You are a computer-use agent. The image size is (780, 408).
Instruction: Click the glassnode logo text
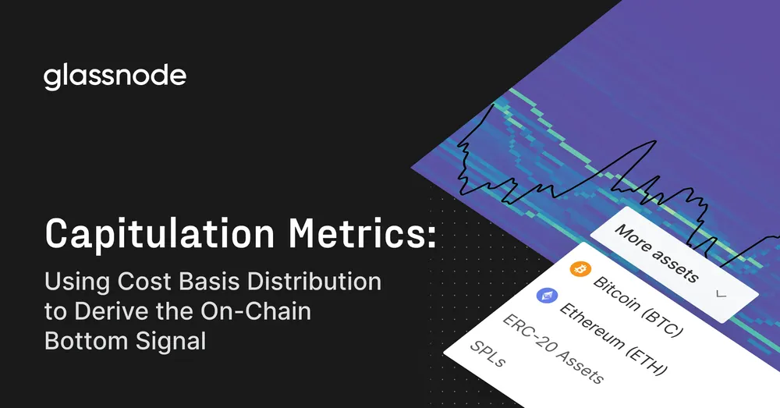point(115,77)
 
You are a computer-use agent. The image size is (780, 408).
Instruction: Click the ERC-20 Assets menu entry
point(552,349)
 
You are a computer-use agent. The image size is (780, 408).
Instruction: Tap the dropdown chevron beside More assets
point(721,295)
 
